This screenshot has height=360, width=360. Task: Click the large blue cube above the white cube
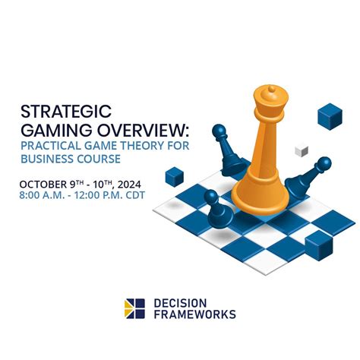330,115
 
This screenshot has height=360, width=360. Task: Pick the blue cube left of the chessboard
175,177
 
